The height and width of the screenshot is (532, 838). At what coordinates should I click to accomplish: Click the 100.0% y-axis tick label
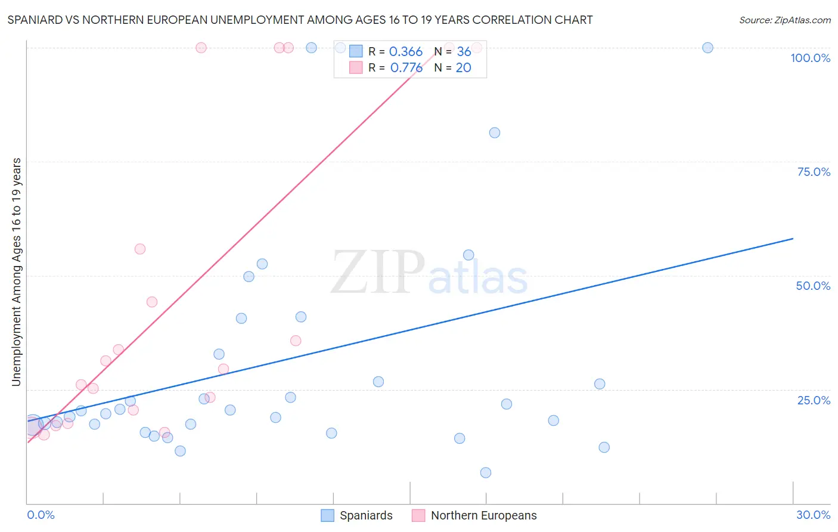click(x=810, y=58)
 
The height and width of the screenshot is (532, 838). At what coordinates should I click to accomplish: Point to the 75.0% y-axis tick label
click(x=814, y=172)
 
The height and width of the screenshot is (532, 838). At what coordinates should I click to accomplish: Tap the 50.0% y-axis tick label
click(x=813, y=286)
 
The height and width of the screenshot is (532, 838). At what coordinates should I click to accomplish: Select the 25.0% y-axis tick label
click(x=814, y=400)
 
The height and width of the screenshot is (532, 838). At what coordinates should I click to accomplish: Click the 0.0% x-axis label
click(x=41, y=515)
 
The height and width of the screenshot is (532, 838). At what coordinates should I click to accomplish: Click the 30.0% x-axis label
click(x=813, y=515)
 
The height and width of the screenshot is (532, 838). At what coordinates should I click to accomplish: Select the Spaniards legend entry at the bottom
click(x=356, y=515)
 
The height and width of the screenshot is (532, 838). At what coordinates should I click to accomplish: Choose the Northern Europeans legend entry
click(x=474, y=515)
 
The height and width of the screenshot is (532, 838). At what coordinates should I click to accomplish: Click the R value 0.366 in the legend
click(x=405, y=52)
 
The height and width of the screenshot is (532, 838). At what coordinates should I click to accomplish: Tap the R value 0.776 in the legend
click(x=406, y=68)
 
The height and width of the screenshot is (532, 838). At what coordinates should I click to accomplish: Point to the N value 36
click(x=464, y=52)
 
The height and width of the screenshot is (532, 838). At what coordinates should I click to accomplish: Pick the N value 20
click(x=463, y=68)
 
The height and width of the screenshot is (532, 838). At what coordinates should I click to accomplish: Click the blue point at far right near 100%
click(x=707, y=48)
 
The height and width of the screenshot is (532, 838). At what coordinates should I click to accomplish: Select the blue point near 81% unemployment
click(x=495, y=133)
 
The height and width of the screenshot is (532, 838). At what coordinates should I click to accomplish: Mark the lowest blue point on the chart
click(x=486, y=473)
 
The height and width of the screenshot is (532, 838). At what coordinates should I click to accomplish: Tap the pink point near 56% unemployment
click(x=140, y=249)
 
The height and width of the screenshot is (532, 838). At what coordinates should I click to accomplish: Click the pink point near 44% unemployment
click(x=152, y=302)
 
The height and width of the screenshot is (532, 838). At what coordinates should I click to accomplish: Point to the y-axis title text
click(x=17, y=272)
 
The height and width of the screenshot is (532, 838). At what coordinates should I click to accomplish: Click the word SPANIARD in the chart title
click(x=35, y=20)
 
